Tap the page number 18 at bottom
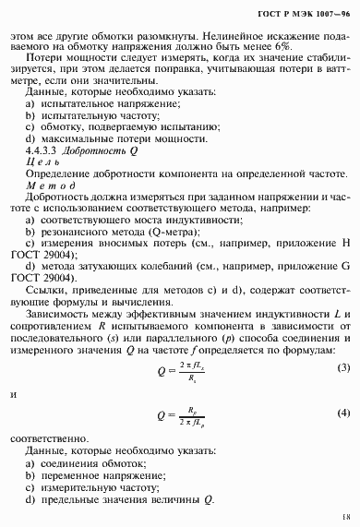coord(343,519)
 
